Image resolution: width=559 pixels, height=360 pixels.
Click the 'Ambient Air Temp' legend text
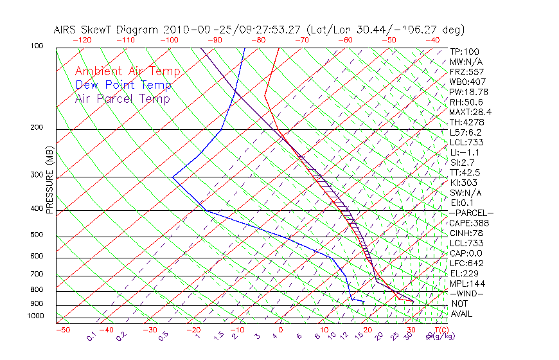127,71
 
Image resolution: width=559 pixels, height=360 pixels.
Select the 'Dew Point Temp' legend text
123,85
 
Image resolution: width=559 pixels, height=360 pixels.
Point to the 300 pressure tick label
37,175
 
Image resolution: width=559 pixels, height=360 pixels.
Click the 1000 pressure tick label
35,316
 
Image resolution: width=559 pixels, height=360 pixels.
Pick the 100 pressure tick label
37,46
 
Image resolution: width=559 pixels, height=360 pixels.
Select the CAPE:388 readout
469,223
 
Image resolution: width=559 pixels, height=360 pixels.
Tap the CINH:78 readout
467,233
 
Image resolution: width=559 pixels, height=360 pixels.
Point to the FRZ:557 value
467,72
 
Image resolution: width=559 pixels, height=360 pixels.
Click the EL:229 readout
465,273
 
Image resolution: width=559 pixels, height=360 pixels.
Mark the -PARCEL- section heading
472,213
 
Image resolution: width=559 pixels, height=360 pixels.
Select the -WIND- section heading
467,293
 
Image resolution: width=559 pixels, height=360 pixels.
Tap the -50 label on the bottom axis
62,330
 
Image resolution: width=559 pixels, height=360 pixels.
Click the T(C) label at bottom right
440,330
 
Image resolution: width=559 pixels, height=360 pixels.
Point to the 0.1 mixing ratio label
91,336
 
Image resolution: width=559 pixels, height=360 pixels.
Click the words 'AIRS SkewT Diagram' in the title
107,30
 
